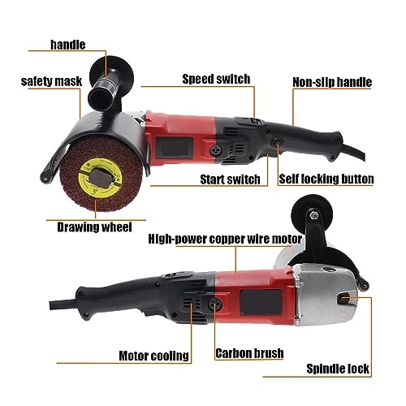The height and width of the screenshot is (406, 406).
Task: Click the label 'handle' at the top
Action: [x=67, y=45]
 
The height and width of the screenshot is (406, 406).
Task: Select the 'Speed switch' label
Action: [x=216, y=79]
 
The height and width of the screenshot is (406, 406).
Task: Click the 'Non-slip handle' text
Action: [x=333, y=82]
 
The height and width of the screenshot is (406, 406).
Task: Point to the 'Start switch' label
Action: [x=230, y=179]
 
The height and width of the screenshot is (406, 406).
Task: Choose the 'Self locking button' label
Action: [x=326, y=179]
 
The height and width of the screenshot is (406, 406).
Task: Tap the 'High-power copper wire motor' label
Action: [x=226, y=240]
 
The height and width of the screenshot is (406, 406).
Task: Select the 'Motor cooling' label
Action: [x=154, y=355]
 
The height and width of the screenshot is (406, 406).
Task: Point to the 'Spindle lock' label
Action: [x=338, y=369]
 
